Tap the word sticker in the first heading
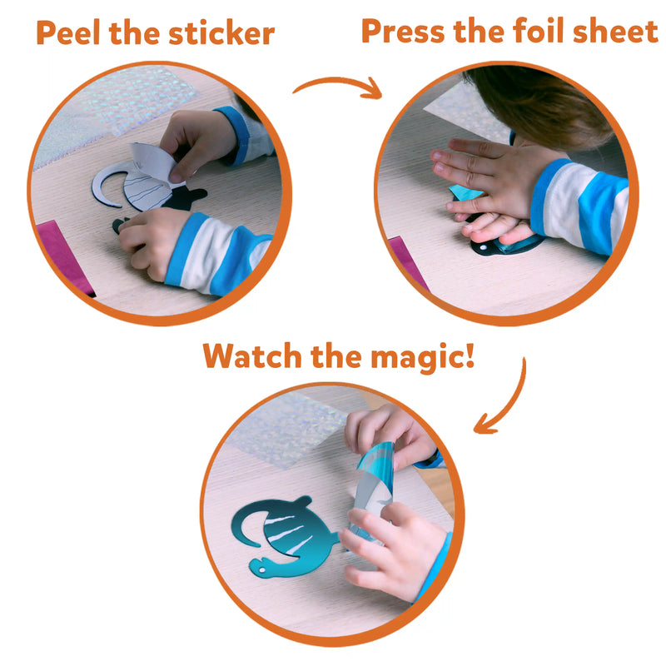221,32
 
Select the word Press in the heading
402,31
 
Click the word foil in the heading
539,31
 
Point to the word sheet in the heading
615,31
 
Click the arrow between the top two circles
339,84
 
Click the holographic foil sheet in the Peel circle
127,102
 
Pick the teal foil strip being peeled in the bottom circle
374,485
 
